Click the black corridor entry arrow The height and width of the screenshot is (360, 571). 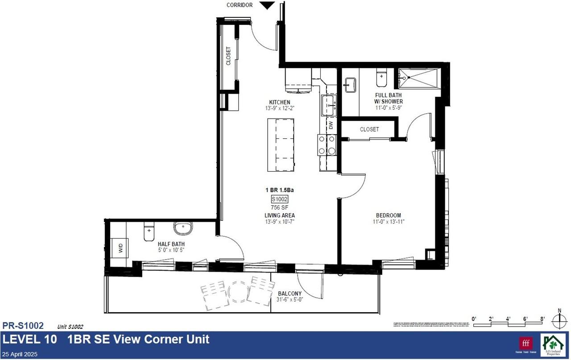pyautogui.click(x=267, y=5)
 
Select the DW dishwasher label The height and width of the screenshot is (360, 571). pyautogui.click(x=331, y=126)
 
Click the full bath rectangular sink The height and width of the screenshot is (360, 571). pyautogui.click(x=350, y=85)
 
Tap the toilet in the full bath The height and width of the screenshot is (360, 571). pyautogui.click(x=381, y=78)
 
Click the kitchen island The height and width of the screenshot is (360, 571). pyautogui.click(x=281, y=145)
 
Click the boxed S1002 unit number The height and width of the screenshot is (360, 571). pyautogui.click(x=279, y=199)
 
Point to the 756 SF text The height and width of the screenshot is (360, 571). pyautogui.click(x=279, y=207)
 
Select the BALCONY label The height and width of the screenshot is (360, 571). pyautogui.click(x=290, y=294)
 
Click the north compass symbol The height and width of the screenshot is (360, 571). pyautogui.click(x=559, y=320)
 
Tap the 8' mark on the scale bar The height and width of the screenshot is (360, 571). pyautogui.click(x=542, y=319)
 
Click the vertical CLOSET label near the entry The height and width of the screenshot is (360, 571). pyautogui.click(x=228, y=56)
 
